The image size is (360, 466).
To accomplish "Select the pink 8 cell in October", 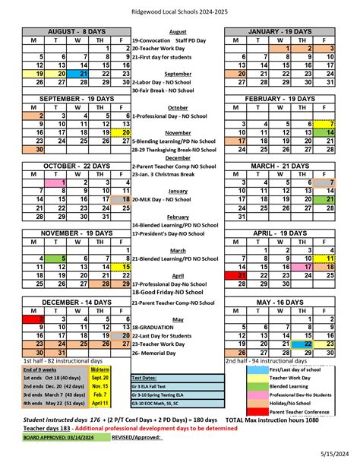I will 55,182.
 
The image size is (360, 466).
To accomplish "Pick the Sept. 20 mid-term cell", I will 99,376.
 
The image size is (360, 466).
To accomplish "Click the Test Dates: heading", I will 144,377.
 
